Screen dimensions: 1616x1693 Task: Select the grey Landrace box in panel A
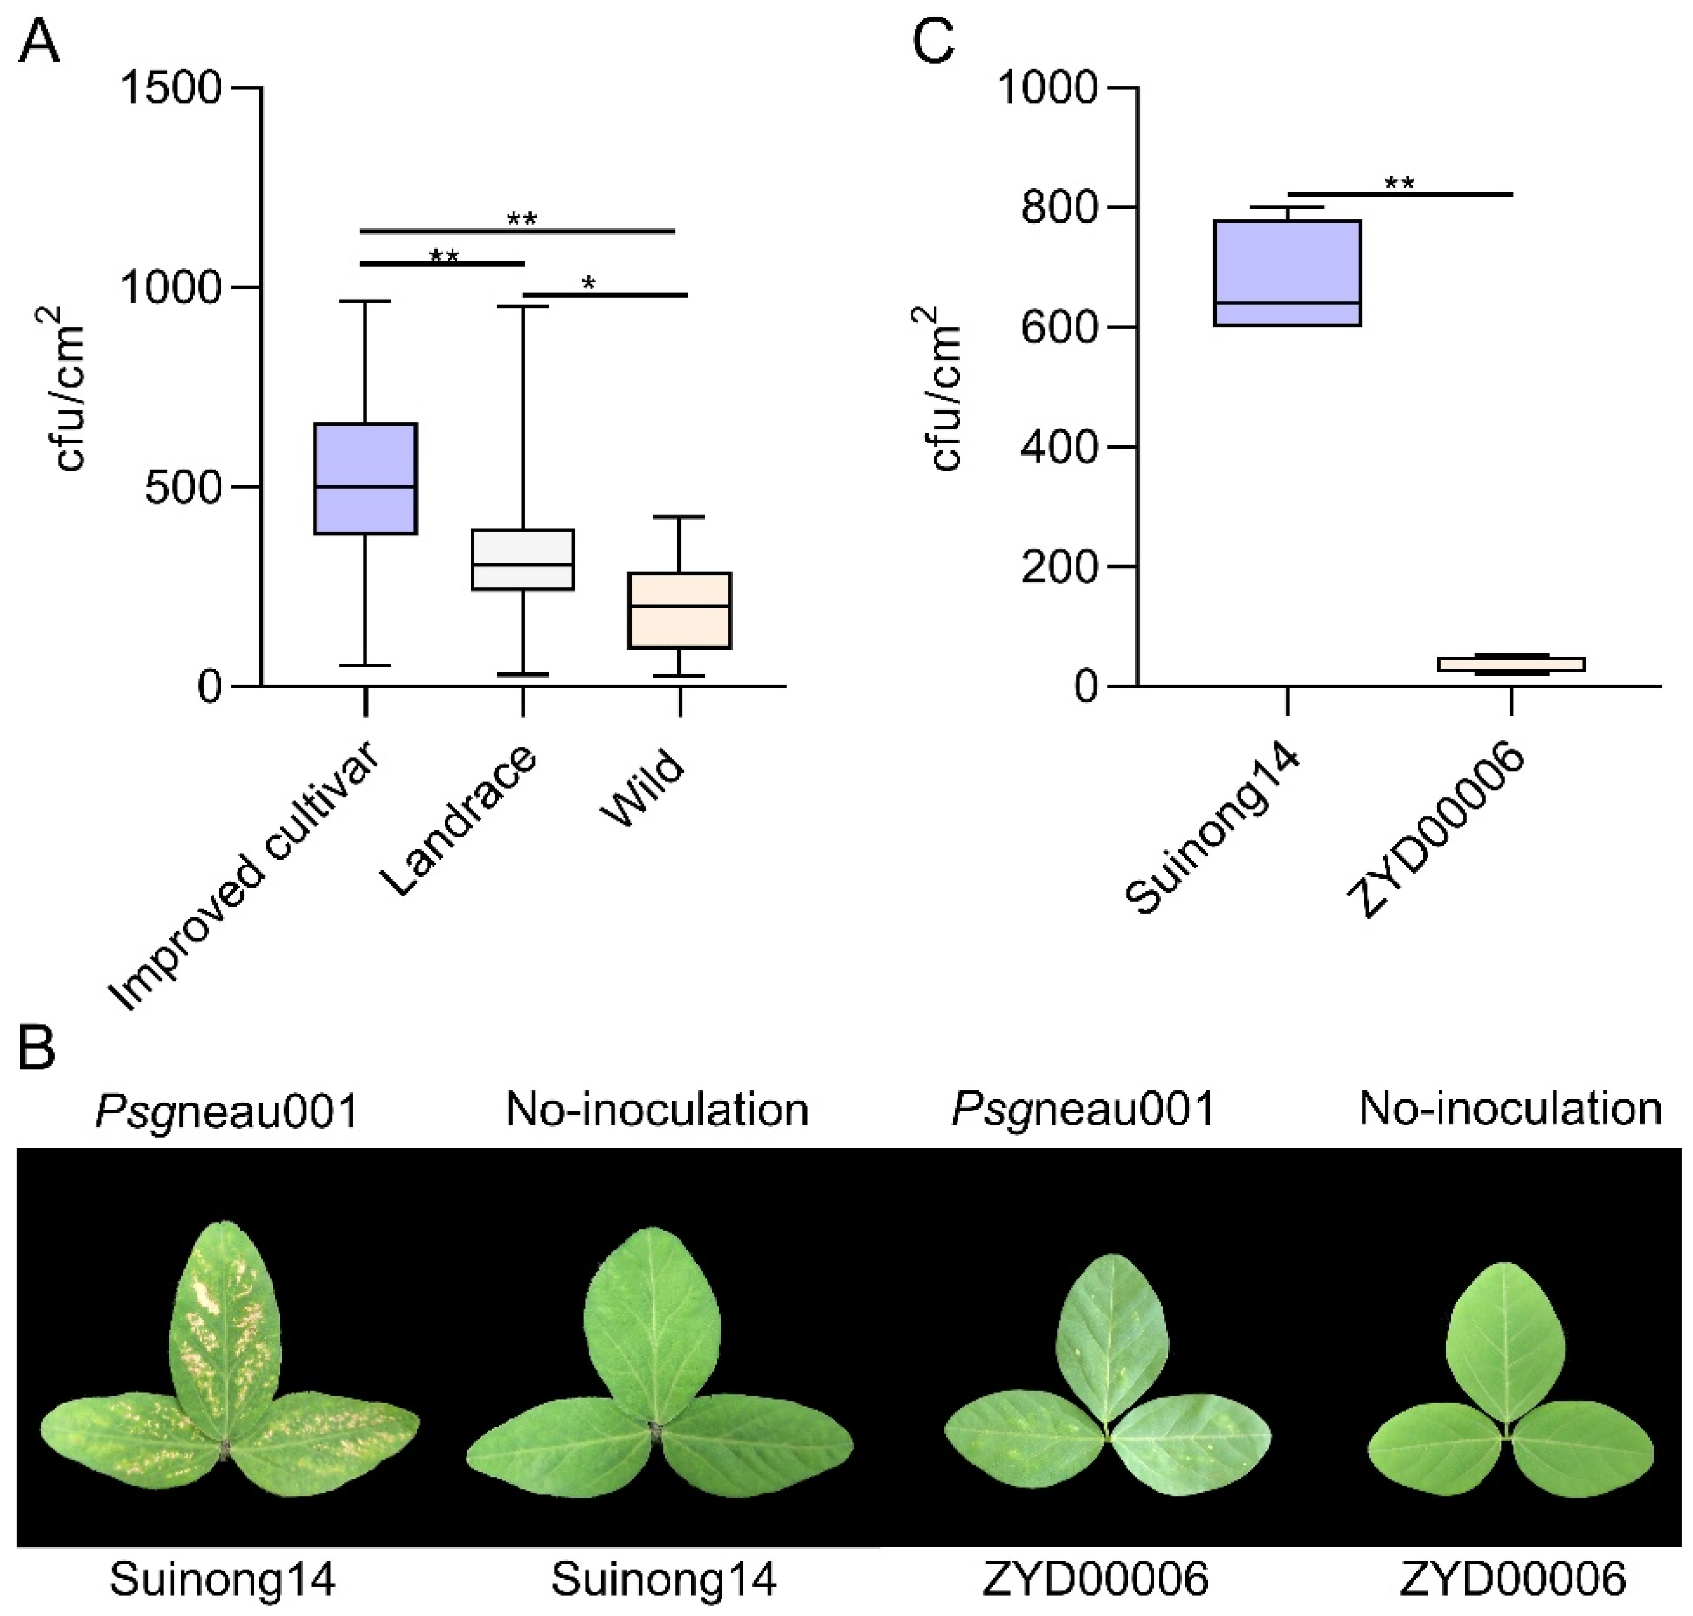point(522,559)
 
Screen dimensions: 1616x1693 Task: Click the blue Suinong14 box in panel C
point(1287,272)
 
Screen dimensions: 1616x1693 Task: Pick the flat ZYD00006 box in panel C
point(1510,664)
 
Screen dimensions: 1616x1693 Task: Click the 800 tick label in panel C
point(1058,207)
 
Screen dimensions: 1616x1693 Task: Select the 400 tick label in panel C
point(1058,447)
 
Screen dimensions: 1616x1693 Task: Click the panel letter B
point(36,1049)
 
